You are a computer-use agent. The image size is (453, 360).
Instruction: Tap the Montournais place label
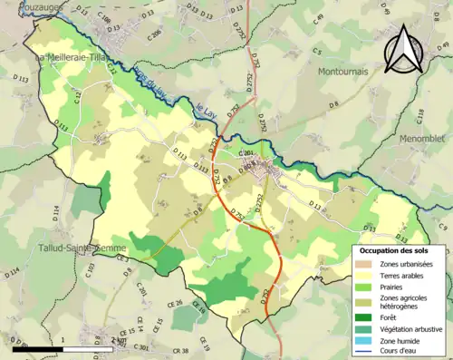click(346, 70)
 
